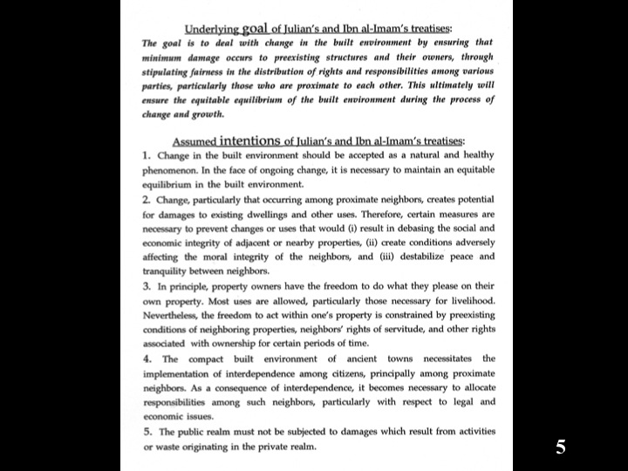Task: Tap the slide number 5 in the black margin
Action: (561, 447)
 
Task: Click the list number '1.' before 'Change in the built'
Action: (147, 155)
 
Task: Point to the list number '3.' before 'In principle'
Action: (147, 287)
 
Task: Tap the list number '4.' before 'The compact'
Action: (147, 359)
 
